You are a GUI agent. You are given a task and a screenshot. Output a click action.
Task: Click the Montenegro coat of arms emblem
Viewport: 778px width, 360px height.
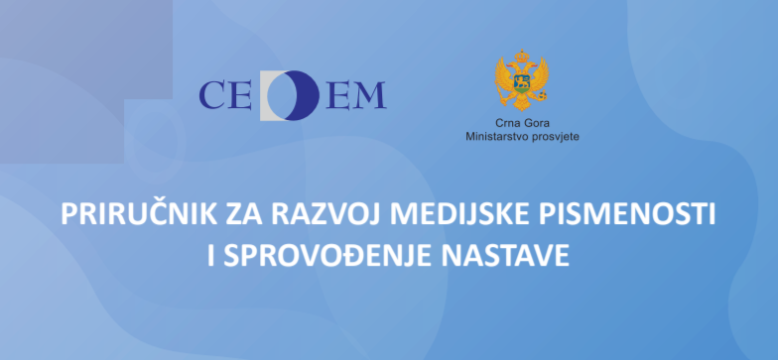point(522,83)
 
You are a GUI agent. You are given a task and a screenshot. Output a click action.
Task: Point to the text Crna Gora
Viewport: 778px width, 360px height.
point(522,123)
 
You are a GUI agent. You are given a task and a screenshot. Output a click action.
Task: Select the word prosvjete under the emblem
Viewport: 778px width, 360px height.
point(554,135)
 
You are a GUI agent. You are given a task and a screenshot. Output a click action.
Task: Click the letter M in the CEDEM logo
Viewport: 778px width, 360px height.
point(368,95)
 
